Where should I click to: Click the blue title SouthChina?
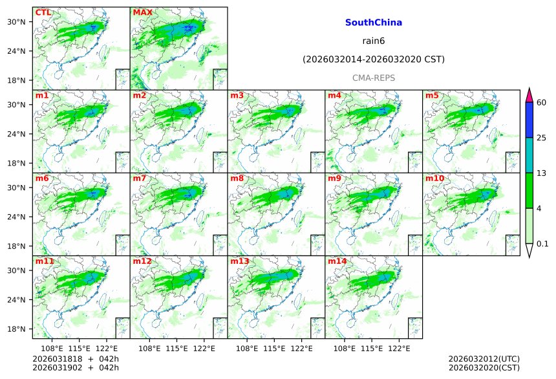pos(374,23)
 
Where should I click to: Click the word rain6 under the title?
pos(374,41)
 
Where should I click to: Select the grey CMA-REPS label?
pos(374,78)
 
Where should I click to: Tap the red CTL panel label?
pos(43,12)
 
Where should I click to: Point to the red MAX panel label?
pos(142,12)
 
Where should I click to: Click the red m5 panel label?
pos(432,96)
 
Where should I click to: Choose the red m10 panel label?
pos(434,179)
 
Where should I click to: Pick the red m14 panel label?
pos(337,261)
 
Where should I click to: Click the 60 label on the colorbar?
pos(542,102)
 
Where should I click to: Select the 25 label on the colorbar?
pos(542,138)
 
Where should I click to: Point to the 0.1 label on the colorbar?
pos(543,244)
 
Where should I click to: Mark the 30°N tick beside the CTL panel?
pos(19,22)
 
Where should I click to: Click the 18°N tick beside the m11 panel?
pos(19,329)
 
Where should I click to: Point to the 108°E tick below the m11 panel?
pos(52,349)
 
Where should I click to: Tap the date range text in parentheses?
pos(374,60)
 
